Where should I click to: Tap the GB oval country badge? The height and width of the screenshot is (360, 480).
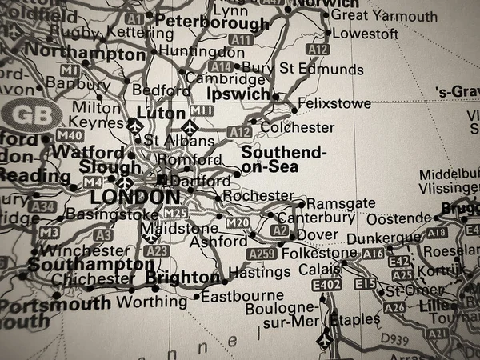30,114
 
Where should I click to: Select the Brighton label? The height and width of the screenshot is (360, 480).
182,278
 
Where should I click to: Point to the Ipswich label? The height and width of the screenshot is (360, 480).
238,94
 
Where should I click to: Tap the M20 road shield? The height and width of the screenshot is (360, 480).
238,222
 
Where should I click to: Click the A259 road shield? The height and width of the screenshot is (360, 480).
261,254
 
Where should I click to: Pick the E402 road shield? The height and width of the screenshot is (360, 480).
326,285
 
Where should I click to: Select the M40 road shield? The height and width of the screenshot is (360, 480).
70,135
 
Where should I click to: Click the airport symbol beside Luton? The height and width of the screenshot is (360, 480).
134,125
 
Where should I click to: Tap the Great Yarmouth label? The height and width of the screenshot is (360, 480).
384,16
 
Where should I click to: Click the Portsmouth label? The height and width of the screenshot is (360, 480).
55,303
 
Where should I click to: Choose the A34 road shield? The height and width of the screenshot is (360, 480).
42,206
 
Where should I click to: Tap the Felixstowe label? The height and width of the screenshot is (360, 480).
334,104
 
